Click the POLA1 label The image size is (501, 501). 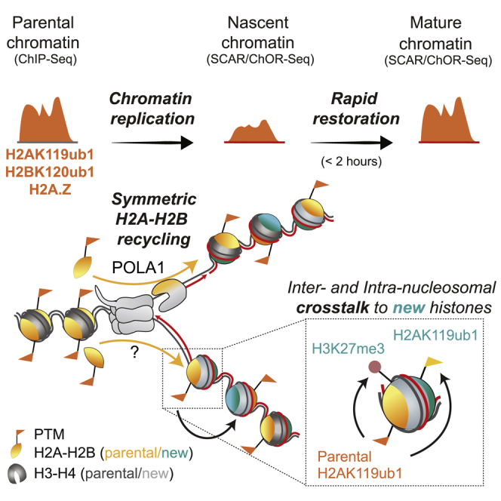[x=138, y=267]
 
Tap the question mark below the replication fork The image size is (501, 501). [x=134, y=352]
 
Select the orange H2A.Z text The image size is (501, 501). [x=50, y=189]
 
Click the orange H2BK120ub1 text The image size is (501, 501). [x=50, y=172]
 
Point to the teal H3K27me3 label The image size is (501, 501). [x=348, y=349]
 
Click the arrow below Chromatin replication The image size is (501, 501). [x=152, y=143]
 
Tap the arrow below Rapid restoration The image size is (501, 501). [x=352, y=143]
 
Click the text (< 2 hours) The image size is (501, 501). [x=352, y=161]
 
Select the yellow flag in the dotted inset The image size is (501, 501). [x=433, y=361]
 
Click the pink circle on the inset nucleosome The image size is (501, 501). [x=374, y=367]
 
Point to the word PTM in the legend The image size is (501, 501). [x=49, y=434]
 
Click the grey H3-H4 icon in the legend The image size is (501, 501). [x=17, y=473]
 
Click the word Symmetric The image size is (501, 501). [x=154, y=199]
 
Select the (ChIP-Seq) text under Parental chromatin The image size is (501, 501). [x=45, y=59]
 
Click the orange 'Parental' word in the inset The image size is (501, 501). [x=344, y=456]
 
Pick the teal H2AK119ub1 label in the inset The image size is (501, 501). [x=435, y=335]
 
